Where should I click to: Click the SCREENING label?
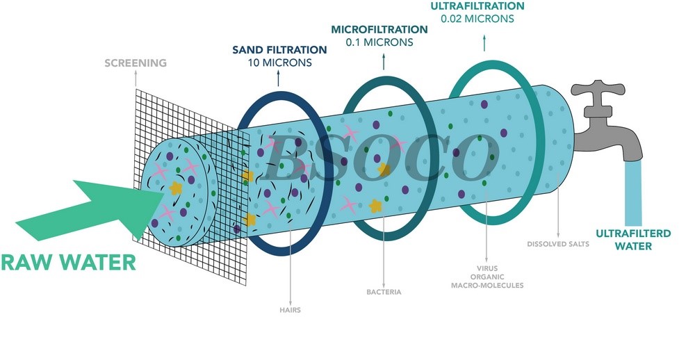[x=136, y=63]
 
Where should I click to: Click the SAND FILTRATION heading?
[x=279, y=50]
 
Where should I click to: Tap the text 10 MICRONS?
[x=279, y=63]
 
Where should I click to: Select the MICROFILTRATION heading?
[x=379, y=29]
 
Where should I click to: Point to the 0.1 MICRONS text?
[x=379, y=42]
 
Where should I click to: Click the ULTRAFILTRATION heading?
[x=477, y=6]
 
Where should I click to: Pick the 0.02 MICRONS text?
[x=477, y=19]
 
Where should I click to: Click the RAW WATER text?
[x=68, y=262]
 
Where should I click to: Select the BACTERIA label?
[x=384, y=292]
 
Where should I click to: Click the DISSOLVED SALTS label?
[x=558, y=244]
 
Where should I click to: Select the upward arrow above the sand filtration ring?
[x=279, y=78]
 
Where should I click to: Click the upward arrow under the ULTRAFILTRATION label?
[x=484, y=43]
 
